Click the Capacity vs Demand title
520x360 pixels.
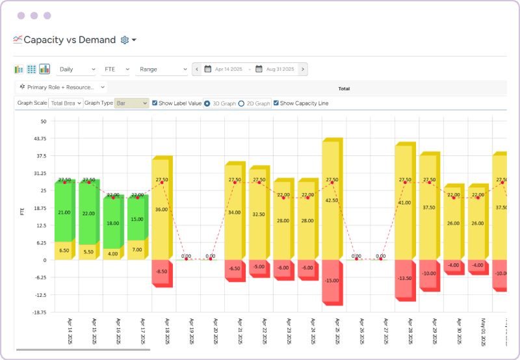70,40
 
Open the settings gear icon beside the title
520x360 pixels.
125,40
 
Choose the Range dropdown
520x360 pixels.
161,69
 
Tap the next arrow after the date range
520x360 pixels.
303,69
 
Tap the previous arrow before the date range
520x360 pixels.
197,69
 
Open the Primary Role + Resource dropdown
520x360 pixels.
61,86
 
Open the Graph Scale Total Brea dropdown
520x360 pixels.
66,103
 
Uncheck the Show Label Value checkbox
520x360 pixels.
155,103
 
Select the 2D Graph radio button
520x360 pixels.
241,103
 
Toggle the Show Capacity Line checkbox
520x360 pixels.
276,103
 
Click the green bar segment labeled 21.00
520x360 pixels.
64,212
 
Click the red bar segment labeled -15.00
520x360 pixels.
331,280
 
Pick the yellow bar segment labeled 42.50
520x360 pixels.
331,200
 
